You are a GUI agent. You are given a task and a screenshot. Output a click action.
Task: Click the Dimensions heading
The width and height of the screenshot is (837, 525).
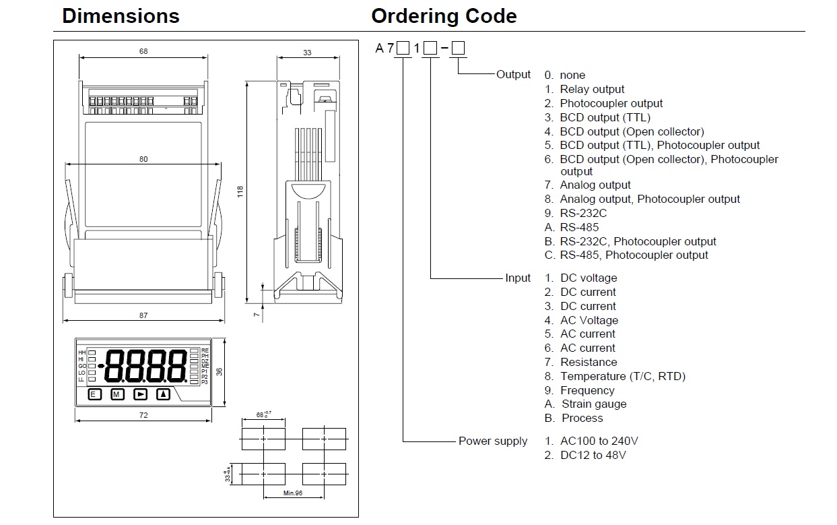pos(121,16)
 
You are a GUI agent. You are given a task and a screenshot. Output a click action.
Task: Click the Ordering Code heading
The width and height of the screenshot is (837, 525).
pos(444,16)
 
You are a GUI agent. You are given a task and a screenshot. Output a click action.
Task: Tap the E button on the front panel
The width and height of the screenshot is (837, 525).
pos(95,394)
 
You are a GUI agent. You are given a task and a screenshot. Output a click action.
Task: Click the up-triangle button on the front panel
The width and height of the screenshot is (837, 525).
pos(163,394)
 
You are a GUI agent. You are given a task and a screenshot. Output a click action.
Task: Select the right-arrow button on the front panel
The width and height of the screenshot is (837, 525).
pos(140,394)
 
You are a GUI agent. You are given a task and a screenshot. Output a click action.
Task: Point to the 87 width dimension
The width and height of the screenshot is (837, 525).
pos(143,315)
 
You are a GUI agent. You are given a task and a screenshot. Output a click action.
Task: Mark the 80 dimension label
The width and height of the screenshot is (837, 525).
pos(143,160)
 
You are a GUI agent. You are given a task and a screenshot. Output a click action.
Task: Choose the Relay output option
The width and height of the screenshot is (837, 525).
pos(592,89)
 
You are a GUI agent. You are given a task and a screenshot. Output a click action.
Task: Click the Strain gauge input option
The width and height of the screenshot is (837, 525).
pos(593,404)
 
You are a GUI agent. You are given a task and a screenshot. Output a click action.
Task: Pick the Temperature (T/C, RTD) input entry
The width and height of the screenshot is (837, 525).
pos(622,376)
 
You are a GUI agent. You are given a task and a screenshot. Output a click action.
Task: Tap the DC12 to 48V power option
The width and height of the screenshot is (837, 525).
pos(593,455)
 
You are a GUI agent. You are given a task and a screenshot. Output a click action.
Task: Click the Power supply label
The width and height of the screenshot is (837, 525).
pos(493,441)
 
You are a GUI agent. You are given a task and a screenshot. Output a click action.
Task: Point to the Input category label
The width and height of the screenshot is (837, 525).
pos(518,278)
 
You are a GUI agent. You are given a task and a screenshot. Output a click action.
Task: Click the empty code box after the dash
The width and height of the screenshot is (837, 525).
pos(458,48)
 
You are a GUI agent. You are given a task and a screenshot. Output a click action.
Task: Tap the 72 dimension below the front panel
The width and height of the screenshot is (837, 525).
pos(143,415)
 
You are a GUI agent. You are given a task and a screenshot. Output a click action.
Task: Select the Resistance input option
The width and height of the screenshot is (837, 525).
pos(588,362)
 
